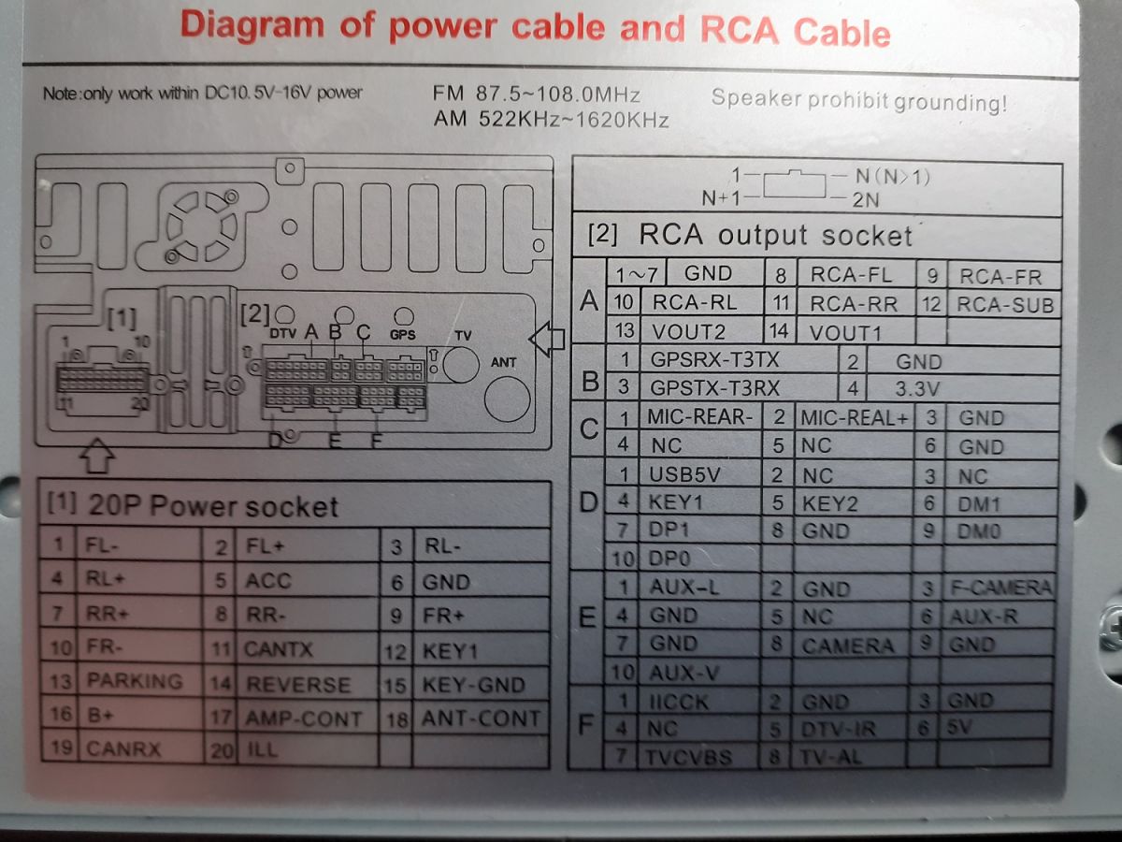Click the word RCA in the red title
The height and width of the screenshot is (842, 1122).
click(x=740, y=30)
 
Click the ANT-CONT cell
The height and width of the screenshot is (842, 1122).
click(x=481, y=719)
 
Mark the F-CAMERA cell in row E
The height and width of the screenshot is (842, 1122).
click(x=1000, y=588)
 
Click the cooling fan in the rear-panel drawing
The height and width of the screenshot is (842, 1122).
click(x=202, y=226)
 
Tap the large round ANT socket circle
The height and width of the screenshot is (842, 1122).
click(x=507, y=399)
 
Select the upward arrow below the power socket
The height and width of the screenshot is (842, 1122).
click(x=97, y=456)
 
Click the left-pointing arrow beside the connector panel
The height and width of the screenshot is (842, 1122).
click(x=546, y=339)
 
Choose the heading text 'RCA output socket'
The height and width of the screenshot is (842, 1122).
click(x=775, y=235)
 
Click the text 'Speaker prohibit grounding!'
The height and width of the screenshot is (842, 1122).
click(x=858, y=100)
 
